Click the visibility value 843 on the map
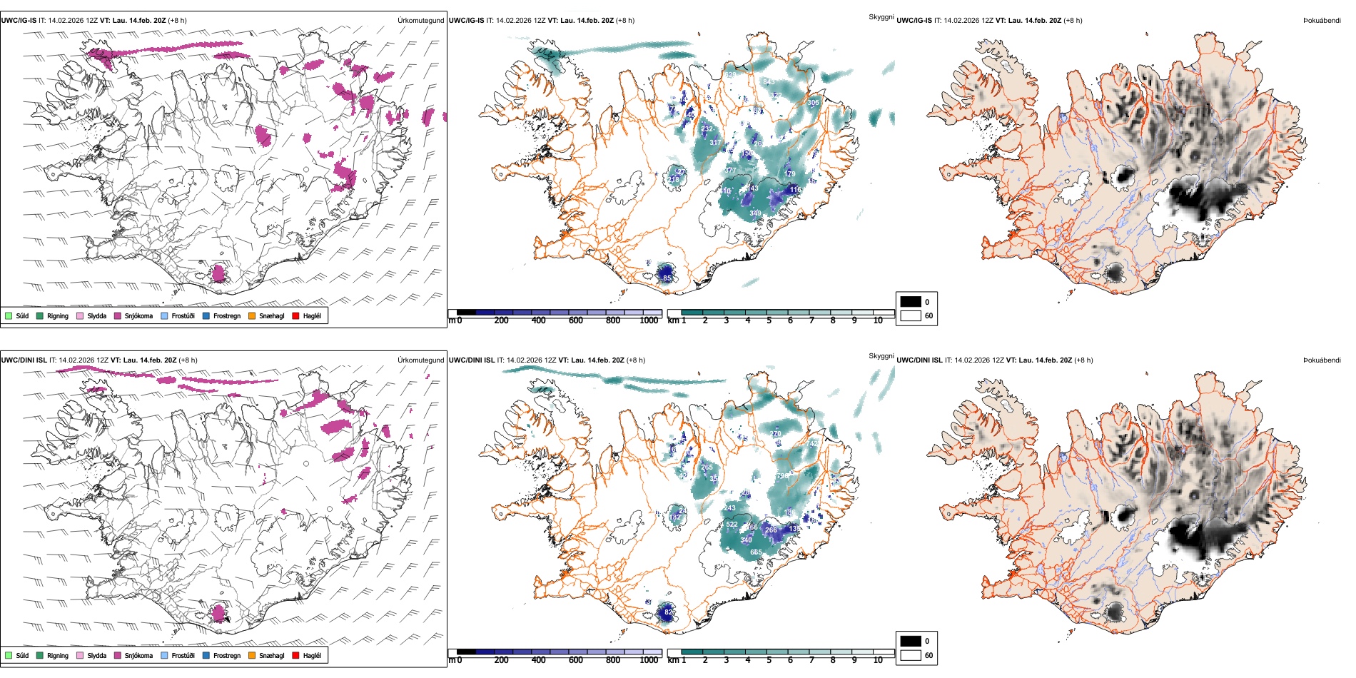(x=769, y=82)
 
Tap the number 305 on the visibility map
(x=813, y=103)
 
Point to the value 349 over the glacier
(x=755, y=213)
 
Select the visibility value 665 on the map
(x=756, y=552)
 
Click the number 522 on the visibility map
(x=732, y=525)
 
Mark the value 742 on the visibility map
(x=814, y=444)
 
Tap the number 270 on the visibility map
(x=776, y=434)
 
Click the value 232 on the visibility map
(x=707, y=129)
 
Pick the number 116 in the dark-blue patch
(x=795, y=190)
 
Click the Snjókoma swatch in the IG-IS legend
(x=118, y=316)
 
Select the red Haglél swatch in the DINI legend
(x=296, y=656)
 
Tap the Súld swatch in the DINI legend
(x=9, y=656)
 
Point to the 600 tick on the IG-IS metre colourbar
(x=576, y=320)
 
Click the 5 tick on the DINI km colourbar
(x=769, y=660)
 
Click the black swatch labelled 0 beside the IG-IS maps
(x=911, y=302)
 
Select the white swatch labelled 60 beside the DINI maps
(x=911, y=655)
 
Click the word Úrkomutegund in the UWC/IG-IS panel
(x=420, y=21)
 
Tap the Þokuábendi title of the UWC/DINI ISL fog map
(x=1322, y=360)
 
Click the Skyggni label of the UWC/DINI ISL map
(x=881, y=356)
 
